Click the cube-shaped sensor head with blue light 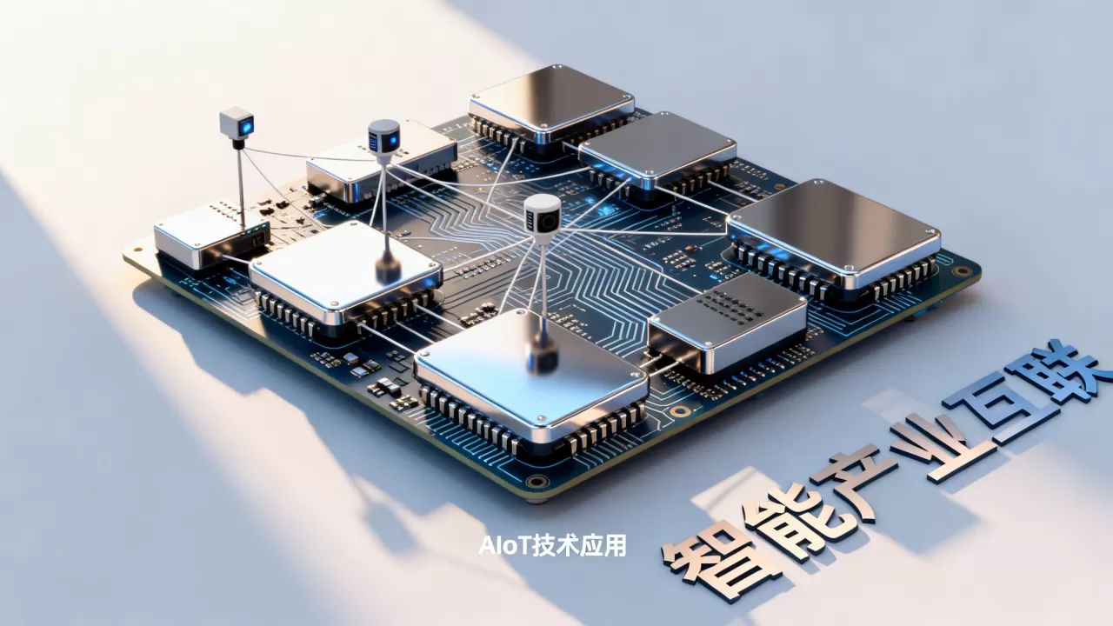tap(237, 123)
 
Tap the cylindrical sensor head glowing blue tap(383, 137)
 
